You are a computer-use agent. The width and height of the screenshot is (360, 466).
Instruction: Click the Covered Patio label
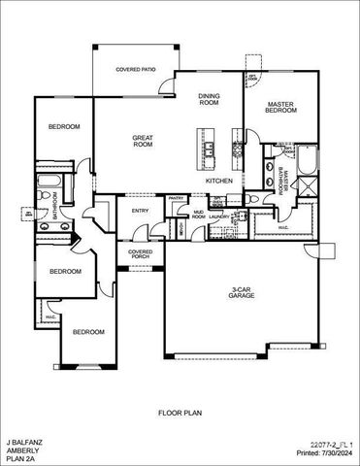pyautogui.click(x=134, y=70)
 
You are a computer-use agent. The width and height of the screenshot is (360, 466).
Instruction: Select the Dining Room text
pyautogui.click(x=209, y=98)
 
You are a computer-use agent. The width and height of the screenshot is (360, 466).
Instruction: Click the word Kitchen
pyautogui.click(x=218, y=181)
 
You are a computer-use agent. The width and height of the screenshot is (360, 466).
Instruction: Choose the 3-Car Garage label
pyautogui.click(x=243, y=291)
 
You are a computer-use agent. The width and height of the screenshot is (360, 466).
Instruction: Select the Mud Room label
pyautogui.click(x=198, y=216)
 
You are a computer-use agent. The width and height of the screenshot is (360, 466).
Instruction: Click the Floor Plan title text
pyautogui.click(x=180, y=413)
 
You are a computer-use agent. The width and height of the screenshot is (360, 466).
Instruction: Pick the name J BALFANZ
pyautogui.click(x=24, y=442)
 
